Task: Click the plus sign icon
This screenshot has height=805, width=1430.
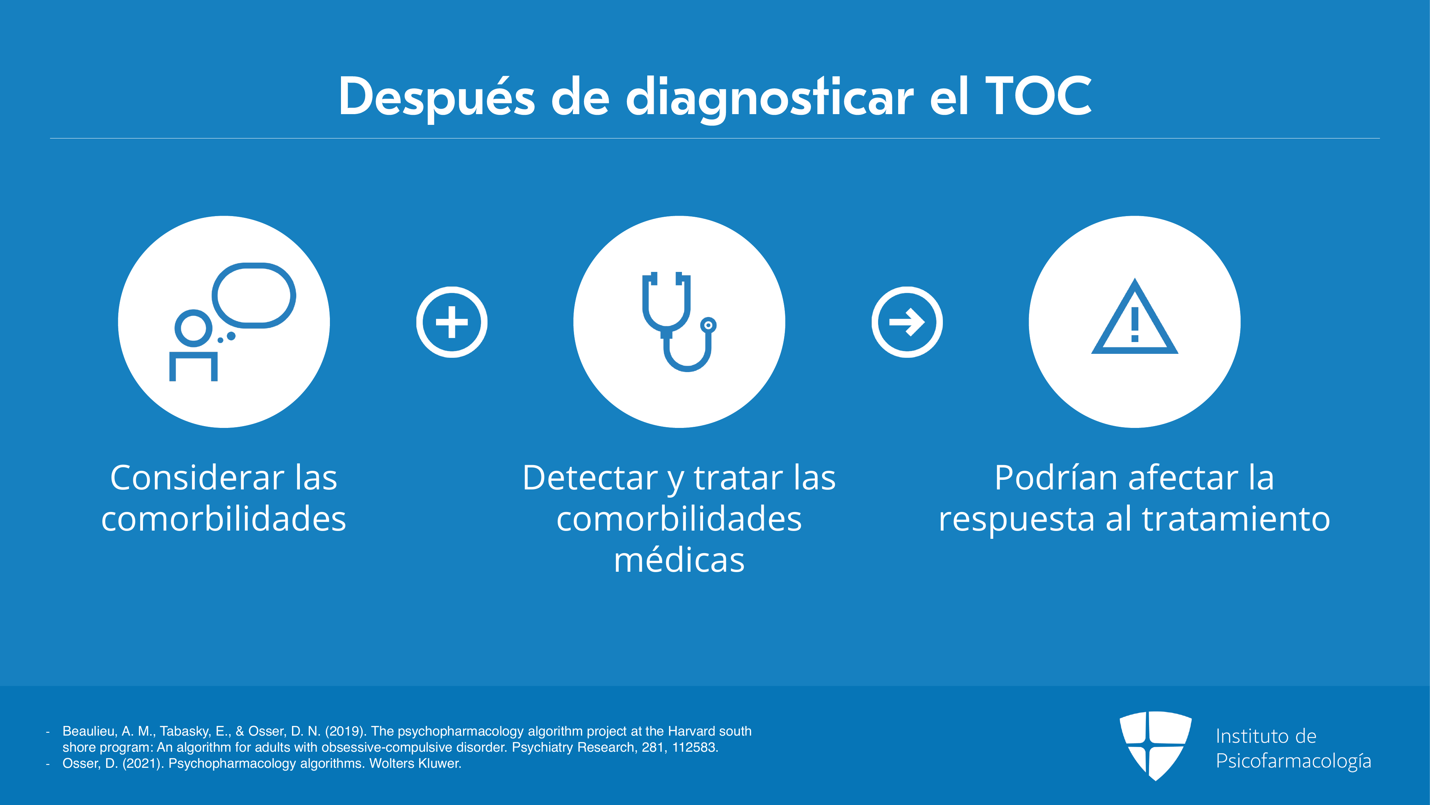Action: (452, 322)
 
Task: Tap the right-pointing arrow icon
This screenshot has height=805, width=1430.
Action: (907, 322)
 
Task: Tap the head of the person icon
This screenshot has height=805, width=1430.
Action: (194, 328)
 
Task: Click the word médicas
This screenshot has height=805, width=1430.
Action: (679, 560)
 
